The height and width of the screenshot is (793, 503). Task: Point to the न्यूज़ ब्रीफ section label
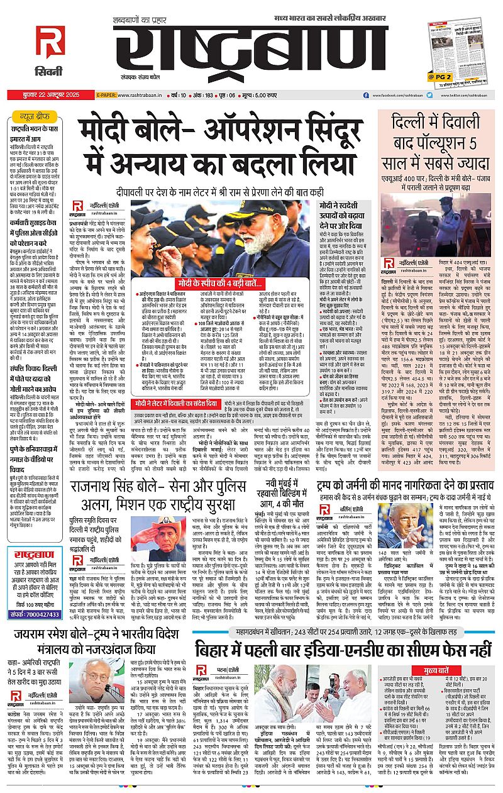pyautogui.click(x=35, y=117)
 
